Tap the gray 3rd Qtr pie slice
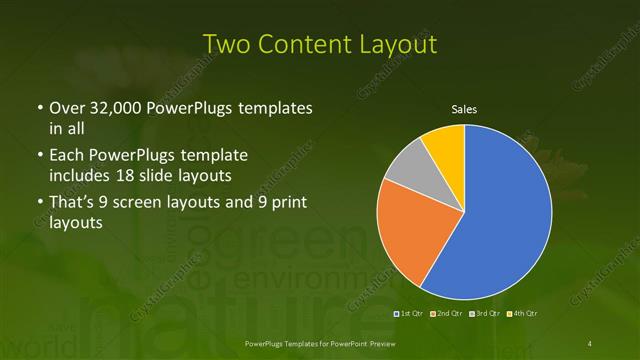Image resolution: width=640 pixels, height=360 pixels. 407,169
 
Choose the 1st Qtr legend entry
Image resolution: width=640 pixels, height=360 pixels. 411,314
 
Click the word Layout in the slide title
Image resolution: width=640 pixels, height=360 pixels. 399,45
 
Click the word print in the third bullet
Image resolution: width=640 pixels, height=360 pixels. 283,203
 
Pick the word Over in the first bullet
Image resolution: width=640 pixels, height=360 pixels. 66,107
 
